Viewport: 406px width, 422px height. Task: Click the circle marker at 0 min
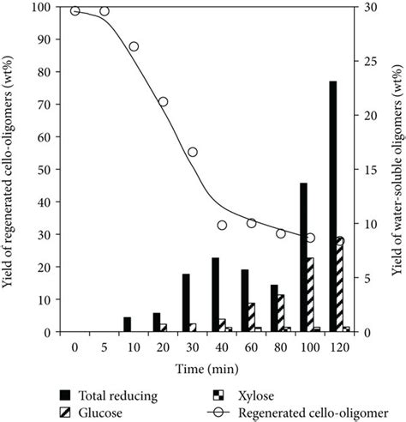point(75,10)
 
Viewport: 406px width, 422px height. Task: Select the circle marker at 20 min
point(163,101)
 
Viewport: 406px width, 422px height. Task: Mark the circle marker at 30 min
point(193,152)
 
